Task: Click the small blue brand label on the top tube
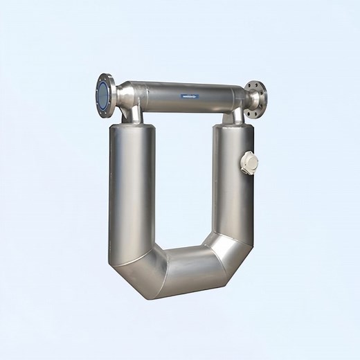(190, 96)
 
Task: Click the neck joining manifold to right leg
(235, 114)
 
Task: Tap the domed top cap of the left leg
(132, 127)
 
